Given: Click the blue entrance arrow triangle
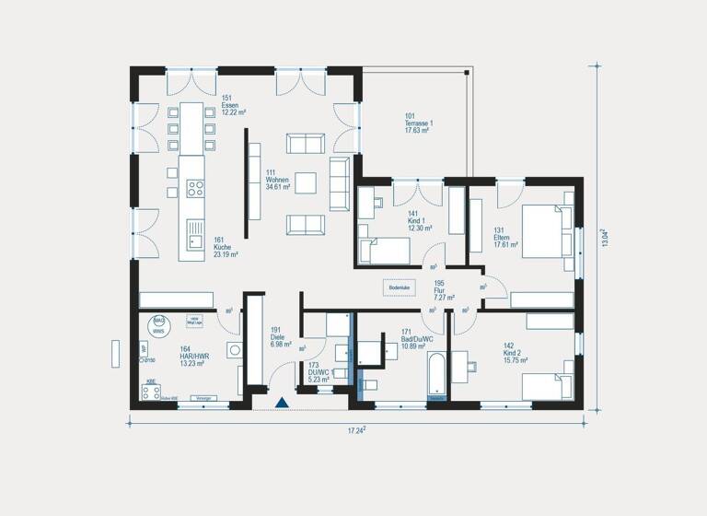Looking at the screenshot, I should (283, 403).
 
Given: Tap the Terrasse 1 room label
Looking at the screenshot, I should (418, 123).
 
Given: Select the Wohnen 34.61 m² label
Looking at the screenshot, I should (277, 180).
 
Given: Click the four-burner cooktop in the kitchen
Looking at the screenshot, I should (195, 188).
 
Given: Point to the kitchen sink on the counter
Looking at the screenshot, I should (195, 240).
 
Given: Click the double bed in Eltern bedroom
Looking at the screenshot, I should (544, 229).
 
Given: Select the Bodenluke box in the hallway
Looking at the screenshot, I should (400, 288).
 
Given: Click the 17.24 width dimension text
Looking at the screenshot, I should (358, 429).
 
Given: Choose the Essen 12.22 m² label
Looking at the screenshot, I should (230, 106).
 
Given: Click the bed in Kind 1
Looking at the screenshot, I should (384, 251).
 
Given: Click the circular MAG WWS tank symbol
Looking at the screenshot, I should (158, 323).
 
